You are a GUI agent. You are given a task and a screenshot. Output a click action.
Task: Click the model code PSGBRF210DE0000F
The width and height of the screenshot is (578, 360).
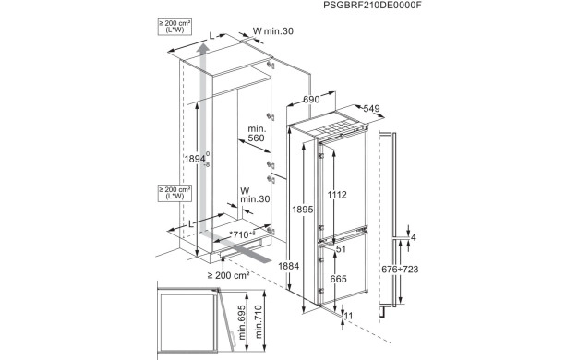pos(372,6)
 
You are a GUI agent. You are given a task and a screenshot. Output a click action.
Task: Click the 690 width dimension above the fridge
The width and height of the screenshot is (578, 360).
pos(311,100)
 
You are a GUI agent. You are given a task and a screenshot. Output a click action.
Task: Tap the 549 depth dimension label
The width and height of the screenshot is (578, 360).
pos(371,109)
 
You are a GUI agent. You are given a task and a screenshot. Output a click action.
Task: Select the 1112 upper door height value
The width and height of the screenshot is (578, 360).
pos(337,195)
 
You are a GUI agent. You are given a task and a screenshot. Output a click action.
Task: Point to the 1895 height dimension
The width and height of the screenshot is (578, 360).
pos(303,210)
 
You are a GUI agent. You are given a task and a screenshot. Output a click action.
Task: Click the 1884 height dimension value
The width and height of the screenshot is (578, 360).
pos(289,266)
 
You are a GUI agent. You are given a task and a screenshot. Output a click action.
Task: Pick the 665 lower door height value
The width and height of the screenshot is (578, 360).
pos(338,279)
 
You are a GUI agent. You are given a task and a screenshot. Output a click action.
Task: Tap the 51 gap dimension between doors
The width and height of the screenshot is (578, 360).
pos(341,249)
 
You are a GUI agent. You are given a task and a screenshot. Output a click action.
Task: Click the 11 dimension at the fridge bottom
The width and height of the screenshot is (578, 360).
pos(348,316)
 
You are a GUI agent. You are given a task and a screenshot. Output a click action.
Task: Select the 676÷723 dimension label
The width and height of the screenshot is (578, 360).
pos(400,270)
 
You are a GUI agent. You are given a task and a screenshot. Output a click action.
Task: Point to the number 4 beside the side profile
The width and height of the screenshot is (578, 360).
pos(414,237)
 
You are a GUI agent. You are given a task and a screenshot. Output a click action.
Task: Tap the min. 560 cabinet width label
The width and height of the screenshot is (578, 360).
pos(256,134)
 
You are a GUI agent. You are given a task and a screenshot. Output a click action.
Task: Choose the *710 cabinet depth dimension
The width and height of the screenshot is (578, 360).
pos(242,234)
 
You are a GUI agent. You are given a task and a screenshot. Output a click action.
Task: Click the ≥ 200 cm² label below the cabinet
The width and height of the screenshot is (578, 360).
pos(229,275)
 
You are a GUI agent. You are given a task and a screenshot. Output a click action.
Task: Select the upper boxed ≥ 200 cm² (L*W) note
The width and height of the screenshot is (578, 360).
pos(175,27)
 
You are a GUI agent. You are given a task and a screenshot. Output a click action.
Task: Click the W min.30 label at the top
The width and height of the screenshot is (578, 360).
pos(273,31)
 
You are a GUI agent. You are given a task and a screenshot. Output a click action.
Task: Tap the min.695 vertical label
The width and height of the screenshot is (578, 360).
pos(241,322)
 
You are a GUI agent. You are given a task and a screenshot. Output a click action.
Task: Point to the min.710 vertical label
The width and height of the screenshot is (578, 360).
pos(259,321)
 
